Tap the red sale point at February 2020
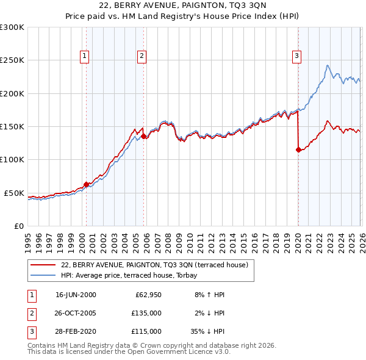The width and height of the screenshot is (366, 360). click(x=298, y=149)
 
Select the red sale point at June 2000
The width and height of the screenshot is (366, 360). click(x=86, y=184)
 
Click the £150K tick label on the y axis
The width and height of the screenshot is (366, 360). click(x=12, y=127)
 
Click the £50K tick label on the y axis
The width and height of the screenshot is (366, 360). click(x=15, y=193)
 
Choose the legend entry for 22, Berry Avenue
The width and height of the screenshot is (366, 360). click(x=154, y=265)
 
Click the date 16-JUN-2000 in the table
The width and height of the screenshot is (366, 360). click(x=76, y=295)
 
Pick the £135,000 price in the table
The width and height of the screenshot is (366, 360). click(x=146, y=313)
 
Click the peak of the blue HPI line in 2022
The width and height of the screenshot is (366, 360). click(x=328, y=65)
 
